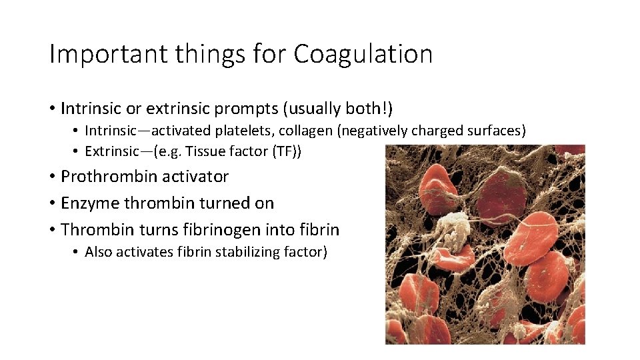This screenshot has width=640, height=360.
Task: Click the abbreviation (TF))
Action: (x=287, y=151)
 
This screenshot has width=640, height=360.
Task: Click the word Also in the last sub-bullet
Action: (x=99, y=253)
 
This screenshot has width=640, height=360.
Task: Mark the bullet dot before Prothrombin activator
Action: (x=52, y=177)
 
